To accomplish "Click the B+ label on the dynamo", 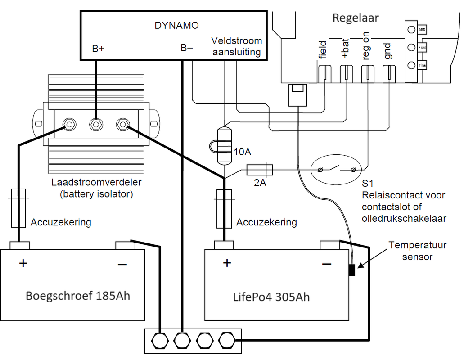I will (98, 49).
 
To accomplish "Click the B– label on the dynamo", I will (187, 48).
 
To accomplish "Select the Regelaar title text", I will (355, 18).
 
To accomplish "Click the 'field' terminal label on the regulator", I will (323, 50).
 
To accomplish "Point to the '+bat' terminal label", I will (346, 50).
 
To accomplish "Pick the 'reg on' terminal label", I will (367, 47).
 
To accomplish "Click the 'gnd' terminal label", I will (389, 50).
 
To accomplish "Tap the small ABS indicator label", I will (422, 30).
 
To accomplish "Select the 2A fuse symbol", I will (260, 170).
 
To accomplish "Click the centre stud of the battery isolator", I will (95, 123).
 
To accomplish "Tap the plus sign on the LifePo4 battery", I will (227, 262).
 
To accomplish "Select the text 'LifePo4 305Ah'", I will (271, 297).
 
